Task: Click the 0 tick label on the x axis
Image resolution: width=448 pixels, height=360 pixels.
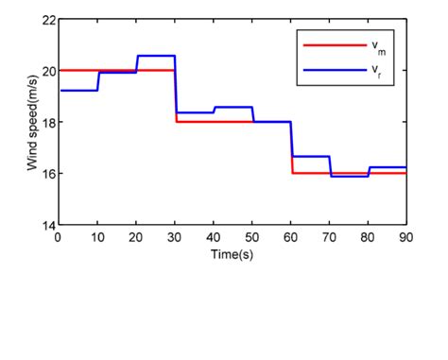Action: [x=59, y=236]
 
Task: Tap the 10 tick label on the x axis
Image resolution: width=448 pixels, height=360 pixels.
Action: [x=97, y=236]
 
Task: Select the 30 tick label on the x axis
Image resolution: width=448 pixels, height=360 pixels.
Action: [x=175, y=236]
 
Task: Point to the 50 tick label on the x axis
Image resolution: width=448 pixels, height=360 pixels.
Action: [x=252, y=236]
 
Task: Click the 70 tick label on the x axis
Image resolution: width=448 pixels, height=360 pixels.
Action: [x=329, y=236]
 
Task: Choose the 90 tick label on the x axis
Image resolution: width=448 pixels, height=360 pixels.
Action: [x=405, y=236]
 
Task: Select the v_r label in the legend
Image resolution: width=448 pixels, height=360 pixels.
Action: [x=377, y=69]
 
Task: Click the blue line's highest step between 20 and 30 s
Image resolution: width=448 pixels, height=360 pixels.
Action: [x=156, y=56]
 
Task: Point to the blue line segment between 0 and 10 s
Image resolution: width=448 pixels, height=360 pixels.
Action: [x=78, y=90]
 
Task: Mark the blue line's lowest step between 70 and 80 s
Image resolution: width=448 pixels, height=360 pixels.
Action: [x=349, y=177]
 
